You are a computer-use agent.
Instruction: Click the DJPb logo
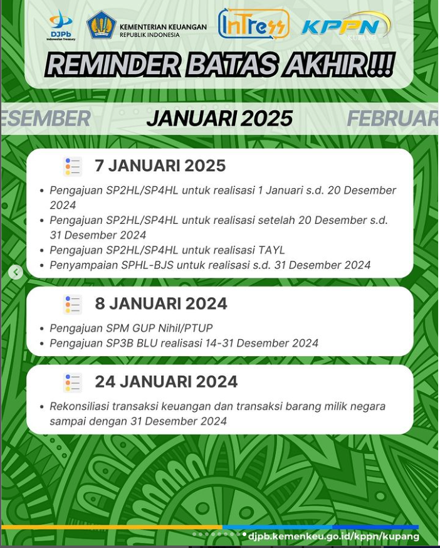[x=61, y=26]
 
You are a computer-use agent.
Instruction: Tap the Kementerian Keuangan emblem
[x=102, y=25]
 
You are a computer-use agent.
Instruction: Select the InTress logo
[x=254, y=24]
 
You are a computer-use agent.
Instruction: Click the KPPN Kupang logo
[x=346, y=26]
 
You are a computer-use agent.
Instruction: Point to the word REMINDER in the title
[x=112, y=65]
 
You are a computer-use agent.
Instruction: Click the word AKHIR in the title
[x=325, y=65]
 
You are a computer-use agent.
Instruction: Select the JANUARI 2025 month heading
[x=220, y=119]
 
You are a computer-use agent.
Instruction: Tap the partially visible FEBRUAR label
[x=392, y=119]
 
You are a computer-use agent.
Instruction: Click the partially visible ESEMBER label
[x=46, y=119]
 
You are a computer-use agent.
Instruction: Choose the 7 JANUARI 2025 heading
[x=160, y=166]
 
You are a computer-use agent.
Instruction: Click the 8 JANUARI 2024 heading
[x=160, y=303]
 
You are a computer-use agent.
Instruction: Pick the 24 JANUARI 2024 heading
[x=166, y=381]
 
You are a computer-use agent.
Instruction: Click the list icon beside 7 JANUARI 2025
[x=73, y=166]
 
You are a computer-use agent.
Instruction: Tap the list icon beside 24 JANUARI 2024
[x=73, y=382]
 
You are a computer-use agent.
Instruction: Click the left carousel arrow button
[x=16, y=272]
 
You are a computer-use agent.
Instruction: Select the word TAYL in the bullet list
[x=271, y=250]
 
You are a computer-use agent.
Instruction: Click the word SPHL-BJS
[x=147, y=265]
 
